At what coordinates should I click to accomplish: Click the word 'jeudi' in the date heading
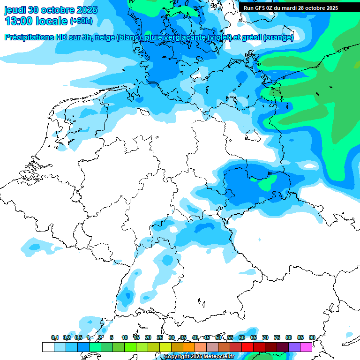(x=15, y=10)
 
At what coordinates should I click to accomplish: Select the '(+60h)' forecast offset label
(x=81, y=22)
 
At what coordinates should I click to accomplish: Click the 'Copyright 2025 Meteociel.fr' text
(x=199, y=356)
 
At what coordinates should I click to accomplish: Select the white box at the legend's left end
(x=48, y=347)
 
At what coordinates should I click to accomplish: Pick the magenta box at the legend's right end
(x=306, y=347)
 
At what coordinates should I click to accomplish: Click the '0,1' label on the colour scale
(x=55, y=337)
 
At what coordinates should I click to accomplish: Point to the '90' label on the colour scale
(x=312, y=337)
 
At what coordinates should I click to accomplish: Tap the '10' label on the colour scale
(x=125, y=337)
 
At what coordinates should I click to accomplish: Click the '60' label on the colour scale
(x=242, y=337)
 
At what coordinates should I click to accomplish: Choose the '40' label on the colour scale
(x=195, y=337)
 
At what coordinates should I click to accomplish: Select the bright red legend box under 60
(x=247, y=347)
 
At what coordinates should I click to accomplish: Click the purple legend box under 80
(x=294, y=347)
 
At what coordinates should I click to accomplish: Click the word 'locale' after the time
(x=52, y=21)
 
